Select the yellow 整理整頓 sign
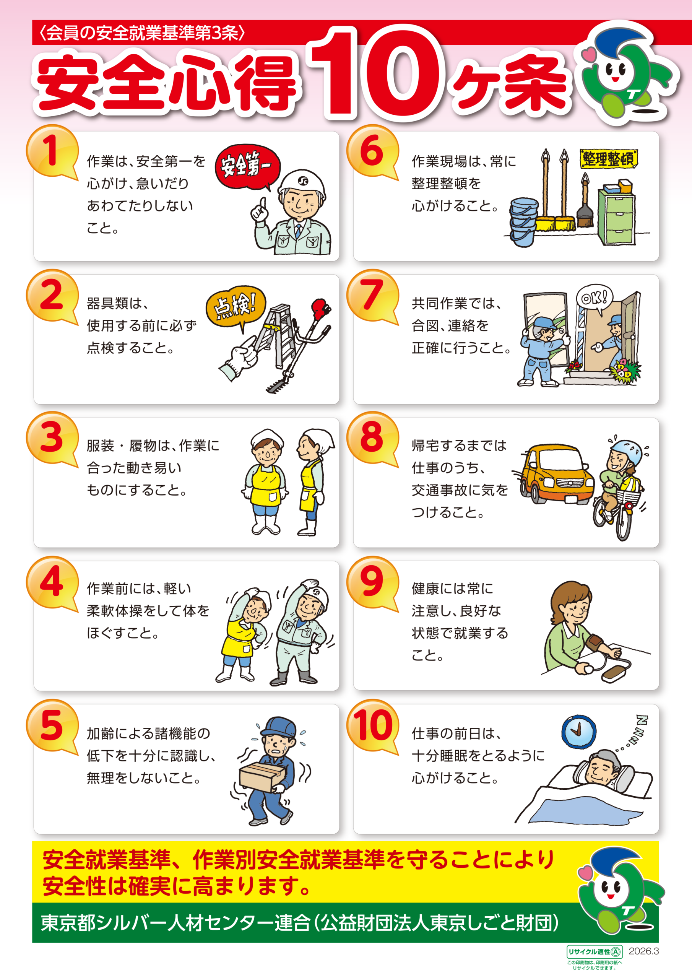click(608, 159)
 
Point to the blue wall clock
click(578, 731)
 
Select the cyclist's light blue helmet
click(626, 452)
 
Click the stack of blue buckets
click(523, 221)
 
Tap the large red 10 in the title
click(377, 73)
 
